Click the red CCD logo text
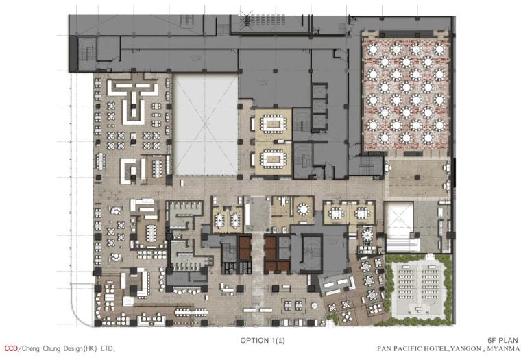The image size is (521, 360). coord(11,349)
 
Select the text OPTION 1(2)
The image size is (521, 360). coord(263,340)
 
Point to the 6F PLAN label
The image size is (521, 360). coord(502,340)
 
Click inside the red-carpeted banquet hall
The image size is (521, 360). coord(406,94)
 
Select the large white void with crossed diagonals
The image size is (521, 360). coord(206,125)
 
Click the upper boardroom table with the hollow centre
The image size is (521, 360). coord(273,123)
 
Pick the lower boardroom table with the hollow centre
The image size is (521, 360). coord(273,158)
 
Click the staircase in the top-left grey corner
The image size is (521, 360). coord(87,51)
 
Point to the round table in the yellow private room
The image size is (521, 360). coord(303,210)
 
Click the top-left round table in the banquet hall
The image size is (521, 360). coord(373,49)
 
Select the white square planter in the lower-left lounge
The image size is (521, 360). coord(129,301)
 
